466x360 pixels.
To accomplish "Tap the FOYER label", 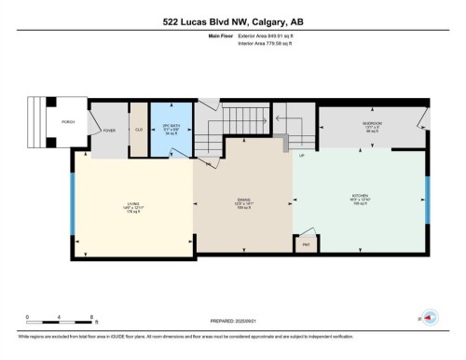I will [x=109, y=132].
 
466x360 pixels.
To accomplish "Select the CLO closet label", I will [x=138, y=130].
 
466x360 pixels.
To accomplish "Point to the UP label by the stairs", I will [x=302, y=156].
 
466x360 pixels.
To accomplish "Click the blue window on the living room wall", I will [x=73, y=204].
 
